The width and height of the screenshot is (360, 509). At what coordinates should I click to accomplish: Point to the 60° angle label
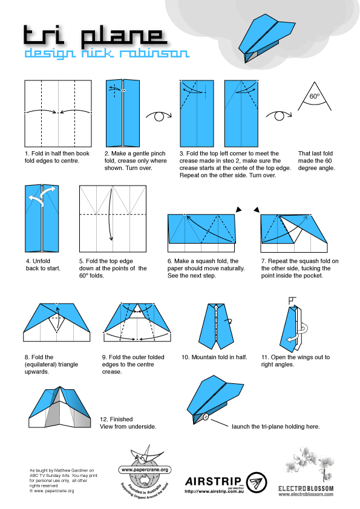pos(314,96)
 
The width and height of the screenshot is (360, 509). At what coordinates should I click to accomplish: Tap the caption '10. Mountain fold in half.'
pos(214,357)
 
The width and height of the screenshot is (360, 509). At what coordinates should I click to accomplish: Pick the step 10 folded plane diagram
pos(216,324)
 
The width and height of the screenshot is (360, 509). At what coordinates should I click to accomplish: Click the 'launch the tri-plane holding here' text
pos(275,426)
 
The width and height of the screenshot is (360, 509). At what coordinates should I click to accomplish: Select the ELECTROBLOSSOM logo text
pos(306,487)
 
